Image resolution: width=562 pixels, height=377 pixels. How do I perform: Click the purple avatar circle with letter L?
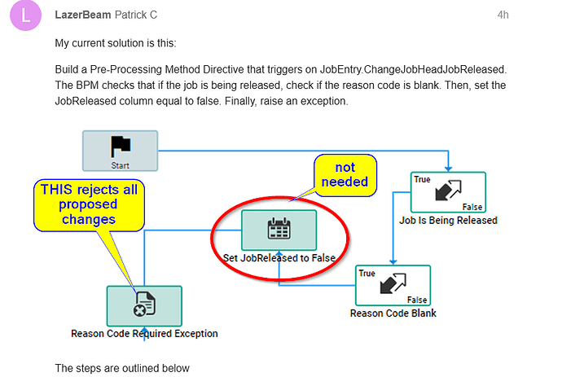25,15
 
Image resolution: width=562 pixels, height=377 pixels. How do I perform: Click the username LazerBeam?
83,15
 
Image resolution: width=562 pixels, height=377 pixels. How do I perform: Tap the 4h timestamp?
503,15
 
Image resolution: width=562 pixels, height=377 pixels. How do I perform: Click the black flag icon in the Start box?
121,147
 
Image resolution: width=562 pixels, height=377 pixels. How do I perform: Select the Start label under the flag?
120,165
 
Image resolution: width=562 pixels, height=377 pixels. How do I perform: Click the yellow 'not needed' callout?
345,175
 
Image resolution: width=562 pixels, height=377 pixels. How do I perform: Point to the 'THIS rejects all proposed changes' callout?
89,205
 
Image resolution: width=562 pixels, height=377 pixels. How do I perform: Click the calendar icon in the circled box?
279,228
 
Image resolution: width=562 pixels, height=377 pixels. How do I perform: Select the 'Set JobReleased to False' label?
279,258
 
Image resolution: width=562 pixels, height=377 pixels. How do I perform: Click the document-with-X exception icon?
144,305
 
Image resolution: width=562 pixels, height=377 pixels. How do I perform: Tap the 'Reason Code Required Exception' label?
144,334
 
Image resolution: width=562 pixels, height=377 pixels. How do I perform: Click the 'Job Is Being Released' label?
449,221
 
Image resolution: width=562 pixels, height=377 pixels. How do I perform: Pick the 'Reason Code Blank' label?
393,313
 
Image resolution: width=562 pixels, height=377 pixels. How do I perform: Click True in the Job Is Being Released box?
422,179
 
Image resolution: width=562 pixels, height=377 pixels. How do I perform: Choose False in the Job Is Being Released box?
472,207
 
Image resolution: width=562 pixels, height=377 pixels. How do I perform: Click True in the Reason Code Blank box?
367,273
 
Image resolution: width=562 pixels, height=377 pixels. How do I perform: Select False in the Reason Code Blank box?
417,300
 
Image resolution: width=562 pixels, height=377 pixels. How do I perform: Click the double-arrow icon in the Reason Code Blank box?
393,283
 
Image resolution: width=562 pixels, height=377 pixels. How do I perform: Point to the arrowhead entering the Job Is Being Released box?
449,169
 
